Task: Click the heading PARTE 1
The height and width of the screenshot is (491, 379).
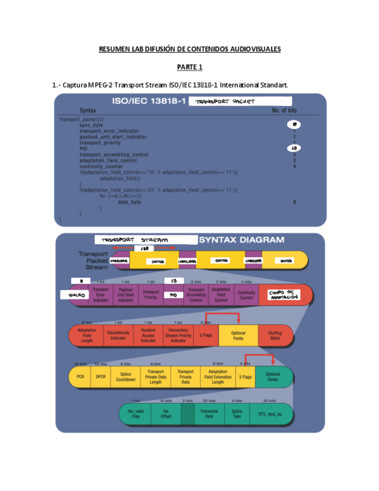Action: coord(189,67)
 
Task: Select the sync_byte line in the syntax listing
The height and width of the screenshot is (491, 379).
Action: coord(91,125)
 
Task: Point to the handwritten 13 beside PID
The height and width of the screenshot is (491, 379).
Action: coord(294,148)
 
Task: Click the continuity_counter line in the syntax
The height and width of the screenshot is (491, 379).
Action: coord(101,166)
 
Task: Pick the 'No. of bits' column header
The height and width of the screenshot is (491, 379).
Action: coord(284,110)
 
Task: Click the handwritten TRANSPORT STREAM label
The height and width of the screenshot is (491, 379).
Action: coord(134,240)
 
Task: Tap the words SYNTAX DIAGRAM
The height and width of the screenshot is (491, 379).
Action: coord(241,240)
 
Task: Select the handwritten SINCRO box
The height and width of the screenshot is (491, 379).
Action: coord(73,295)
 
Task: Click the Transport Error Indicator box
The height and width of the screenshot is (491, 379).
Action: coord(101,295)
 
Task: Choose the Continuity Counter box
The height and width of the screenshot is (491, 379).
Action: coord(246,295)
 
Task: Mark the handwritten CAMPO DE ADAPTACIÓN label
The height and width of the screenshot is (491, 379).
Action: coord(284,295)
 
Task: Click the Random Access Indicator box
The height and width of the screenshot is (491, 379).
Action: coord(148,336)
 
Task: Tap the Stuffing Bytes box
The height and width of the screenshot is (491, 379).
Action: coord(275,336)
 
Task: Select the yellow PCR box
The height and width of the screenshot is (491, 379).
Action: coord(80,376)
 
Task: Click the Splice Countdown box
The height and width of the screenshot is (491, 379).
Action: coord(126,376)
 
